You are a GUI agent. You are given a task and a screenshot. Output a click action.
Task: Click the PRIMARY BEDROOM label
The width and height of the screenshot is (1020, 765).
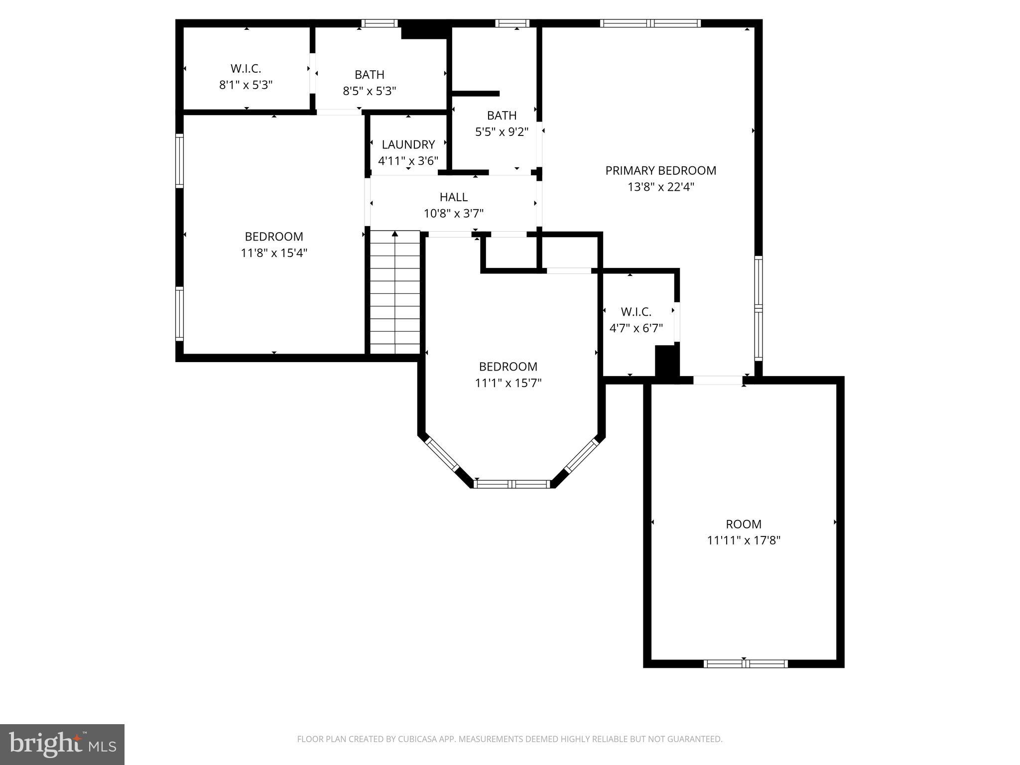[660, 171]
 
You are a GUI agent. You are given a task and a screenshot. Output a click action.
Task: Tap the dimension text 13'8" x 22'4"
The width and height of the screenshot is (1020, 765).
[660, 187]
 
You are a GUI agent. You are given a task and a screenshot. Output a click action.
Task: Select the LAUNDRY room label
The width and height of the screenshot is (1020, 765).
[408, 145]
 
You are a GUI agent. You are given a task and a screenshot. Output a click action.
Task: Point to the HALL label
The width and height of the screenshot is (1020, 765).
[453, 197]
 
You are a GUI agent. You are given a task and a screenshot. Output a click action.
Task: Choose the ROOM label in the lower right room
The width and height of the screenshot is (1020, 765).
[743, 524]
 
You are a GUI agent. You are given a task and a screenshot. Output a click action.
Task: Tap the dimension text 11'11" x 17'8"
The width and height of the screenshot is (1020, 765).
[743, 540]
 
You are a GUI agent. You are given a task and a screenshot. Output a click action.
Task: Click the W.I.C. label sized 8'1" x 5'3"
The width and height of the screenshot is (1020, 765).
[246, 69]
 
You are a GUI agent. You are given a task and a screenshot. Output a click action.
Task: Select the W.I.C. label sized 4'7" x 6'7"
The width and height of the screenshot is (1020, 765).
[636, 312]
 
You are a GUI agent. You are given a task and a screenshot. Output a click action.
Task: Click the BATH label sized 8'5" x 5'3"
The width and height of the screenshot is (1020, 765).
[369, 75]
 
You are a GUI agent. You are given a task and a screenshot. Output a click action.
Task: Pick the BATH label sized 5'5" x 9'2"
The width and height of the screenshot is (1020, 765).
[502, 116]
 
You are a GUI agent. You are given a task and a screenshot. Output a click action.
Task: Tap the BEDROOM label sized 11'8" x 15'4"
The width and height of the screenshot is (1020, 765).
[273, 237]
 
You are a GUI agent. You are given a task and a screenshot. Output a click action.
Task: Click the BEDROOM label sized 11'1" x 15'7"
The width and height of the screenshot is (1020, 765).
[508, 367]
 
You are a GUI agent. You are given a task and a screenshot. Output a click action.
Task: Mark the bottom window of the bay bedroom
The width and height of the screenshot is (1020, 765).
[511, 484]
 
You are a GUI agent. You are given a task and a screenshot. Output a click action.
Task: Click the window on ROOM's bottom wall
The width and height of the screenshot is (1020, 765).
[745, 663]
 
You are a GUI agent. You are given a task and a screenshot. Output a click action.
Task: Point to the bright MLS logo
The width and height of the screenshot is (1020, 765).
[62, 744]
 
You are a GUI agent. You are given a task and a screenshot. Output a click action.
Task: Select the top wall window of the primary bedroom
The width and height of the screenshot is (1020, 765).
[650, 23]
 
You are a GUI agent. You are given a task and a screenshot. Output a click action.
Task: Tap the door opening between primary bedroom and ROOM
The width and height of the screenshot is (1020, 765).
[717, 381]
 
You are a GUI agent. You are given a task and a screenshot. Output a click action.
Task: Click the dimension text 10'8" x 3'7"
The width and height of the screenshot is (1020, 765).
[453, 214]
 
